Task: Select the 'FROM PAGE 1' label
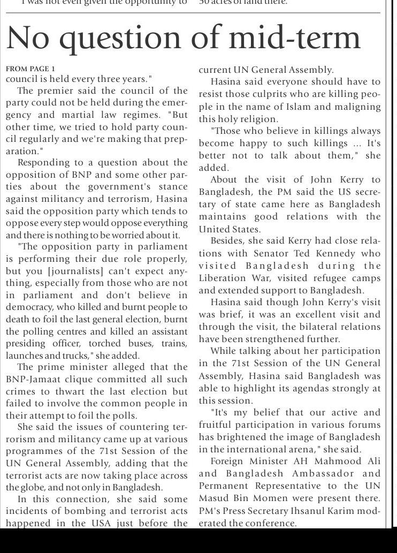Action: click(30, 69)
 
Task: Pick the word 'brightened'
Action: click(241, 437)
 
